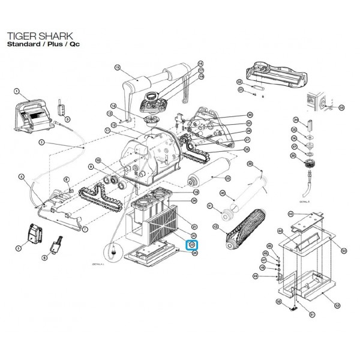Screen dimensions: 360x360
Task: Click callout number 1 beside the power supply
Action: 17,91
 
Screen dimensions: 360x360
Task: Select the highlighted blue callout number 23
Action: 192,245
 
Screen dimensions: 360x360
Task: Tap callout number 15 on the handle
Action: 117,68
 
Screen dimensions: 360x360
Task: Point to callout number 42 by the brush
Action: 215,226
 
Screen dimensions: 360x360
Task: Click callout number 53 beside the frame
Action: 343,251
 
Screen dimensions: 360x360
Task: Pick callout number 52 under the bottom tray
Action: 337,305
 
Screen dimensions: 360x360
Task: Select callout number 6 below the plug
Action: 61,257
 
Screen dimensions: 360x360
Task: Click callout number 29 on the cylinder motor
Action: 227,178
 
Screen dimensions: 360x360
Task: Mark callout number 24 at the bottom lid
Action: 194,253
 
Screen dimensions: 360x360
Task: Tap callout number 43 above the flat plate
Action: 290,214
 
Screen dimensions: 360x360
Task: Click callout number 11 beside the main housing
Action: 107,130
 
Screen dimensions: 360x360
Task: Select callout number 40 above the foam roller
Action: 223,193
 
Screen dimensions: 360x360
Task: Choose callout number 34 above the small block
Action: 295,120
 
